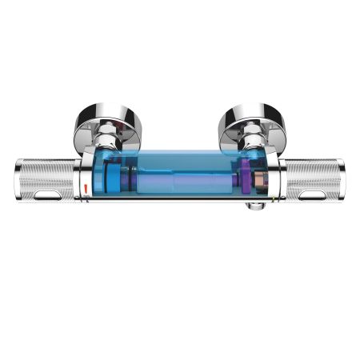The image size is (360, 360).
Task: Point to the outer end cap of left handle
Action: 19,181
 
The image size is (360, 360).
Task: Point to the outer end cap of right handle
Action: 342,181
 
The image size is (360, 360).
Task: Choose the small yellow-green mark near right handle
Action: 274,196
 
